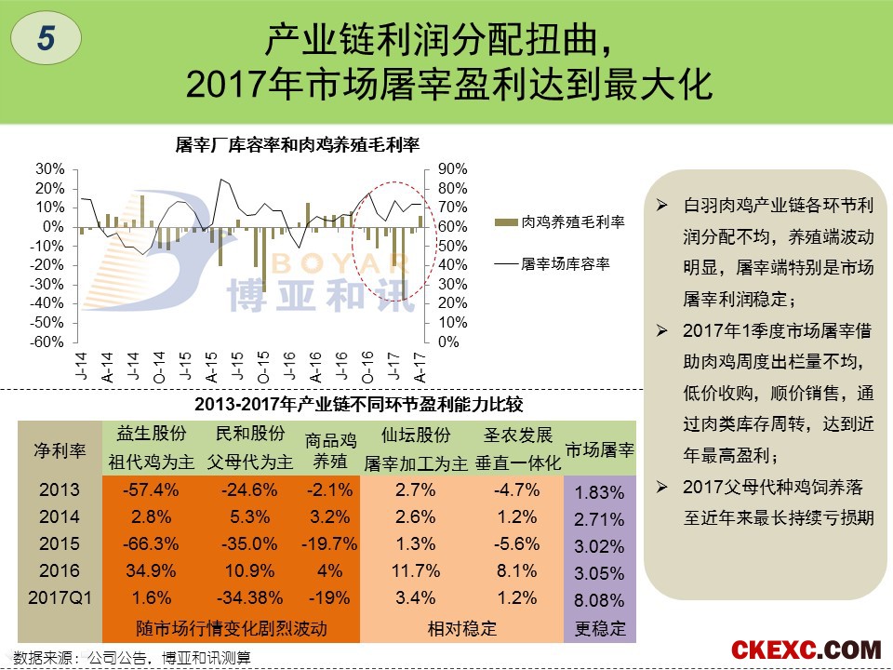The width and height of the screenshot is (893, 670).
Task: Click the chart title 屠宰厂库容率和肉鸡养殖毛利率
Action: click(298, 145)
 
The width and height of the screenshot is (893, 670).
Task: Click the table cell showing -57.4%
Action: click(151, 489)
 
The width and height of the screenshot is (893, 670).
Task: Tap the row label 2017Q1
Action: click(60, 597)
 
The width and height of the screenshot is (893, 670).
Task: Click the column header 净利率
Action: click(60, 450)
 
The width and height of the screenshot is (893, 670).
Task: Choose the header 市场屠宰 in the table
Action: click(600, 450)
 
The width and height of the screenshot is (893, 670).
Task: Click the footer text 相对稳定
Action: click(462, 628)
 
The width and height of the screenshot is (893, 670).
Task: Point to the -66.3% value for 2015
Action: click(151, 543)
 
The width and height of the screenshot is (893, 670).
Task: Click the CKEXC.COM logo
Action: click(806, 650)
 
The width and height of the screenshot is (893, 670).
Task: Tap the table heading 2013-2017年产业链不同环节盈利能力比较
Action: click(359, 404)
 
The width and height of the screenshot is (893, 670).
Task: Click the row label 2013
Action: click(60, 489)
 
